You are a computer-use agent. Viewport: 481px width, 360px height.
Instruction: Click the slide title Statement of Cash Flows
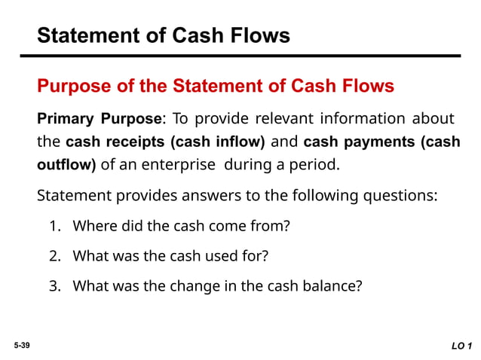click(164, 35)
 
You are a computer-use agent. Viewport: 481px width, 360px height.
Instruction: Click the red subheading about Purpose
click(215, 86)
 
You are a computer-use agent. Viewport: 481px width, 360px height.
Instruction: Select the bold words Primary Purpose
click(99, 119)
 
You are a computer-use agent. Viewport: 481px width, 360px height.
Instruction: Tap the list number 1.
click(54, 226)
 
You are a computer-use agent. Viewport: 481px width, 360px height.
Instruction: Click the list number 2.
click(54, 255)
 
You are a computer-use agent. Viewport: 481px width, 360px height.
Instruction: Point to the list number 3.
click(54, 285)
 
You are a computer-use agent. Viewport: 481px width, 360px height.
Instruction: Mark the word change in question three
click(191, 285)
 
